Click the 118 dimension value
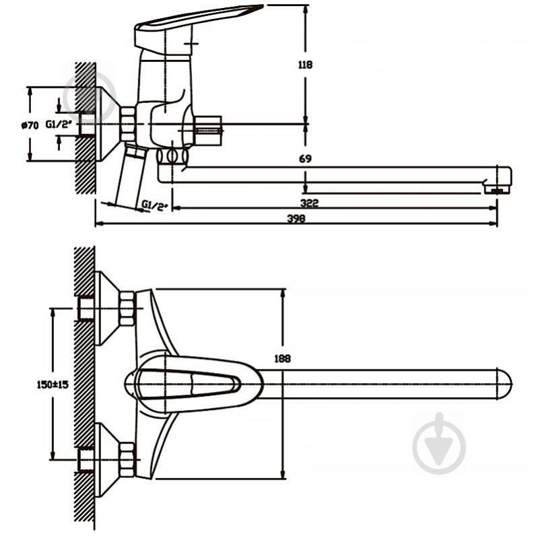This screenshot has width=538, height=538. click(305, 65)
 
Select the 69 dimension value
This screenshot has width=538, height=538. click(305, 158)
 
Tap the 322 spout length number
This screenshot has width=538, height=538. click(309, 203)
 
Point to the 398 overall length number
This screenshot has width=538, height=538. click(296, 219)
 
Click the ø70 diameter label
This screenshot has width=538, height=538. click(30, 125)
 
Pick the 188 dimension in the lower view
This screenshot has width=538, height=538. click(282, 358)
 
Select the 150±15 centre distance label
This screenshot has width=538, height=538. click(53, 384)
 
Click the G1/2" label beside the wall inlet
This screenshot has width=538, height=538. click(59, 124)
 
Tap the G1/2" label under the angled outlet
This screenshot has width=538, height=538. click(155, 205)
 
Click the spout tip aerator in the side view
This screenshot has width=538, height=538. click(497, 189)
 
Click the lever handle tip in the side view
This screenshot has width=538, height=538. click(256, 7)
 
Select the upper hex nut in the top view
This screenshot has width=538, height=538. click(127, 308)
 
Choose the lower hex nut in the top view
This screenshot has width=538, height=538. click(127, 459)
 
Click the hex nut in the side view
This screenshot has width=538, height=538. click(129, 124)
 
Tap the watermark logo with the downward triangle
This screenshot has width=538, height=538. click(440, 444)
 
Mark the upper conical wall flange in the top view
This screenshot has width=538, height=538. click(107, 308)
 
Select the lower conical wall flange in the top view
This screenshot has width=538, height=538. click(107, 459)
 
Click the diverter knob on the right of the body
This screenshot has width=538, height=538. click(208, 131)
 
